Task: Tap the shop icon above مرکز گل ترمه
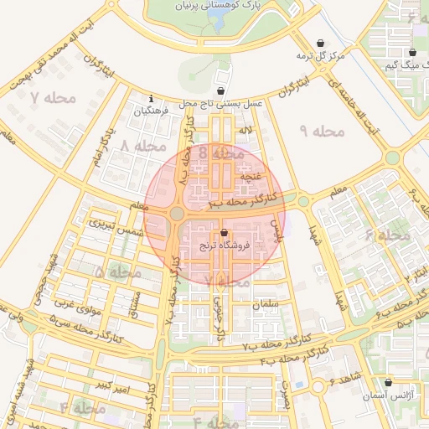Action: tap(322, 44)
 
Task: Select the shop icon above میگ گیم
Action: tap(412, 52)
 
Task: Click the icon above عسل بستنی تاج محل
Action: tap(220, 90)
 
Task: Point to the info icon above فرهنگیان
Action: tap(151, 97)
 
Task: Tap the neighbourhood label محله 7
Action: tap(53, 98)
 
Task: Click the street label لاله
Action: tap(245, 132)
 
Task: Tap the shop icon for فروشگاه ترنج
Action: tap(224, 233)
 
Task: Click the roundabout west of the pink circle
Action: tap(177, 214)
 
